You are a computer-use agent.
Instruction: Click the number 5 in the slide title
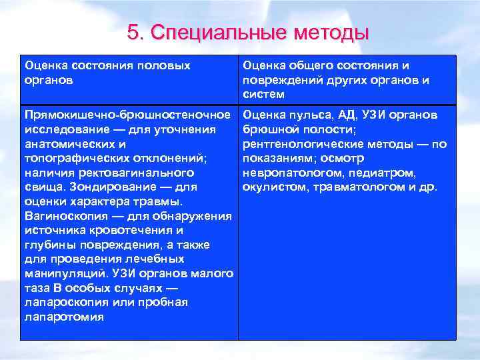pyautogui.click(x=132, y=33)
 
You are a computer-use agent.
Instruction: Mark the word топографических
pyautogui.click(x=75, y=158)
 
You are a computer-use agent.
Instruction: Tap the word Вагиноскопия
pyautogui.click(x=65, y=215)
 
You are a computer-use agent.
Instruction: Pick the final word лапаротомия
pyautogui.click(x=64, y=317)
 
